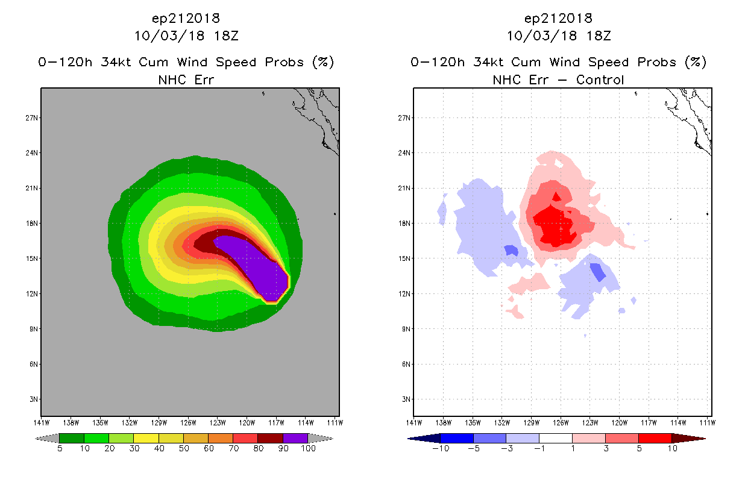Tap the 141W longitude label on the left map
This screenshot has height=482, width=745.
tap(42, 422)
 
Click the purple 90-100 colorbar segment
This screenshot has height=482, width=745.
tap(295, 438)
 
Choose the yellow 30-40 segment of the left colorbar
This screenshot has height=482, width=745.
tap(146, 438)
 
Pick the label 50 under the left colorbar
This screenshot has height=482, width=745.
tap(184, 449)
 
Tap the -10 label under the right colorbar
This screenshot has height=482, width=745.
tap(440, 449)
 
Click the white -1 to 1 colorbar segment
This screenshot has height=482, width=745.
tap(556, 438)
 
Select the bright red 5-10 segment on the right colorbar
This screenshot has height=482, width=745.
tap(655, 438)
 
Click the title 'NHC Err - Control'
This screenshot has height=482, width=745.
tap(558, 80)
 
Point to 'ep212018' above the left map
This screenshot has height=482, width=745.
tap(186, 19)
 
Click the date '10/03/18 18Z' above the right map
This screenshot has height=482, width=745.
tap(558, 36)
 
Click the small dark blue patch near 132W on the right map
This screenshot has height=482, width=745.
tap(511, 250)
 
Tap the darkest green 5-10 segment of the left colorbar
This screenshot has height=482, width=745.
tap(71, 438)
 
